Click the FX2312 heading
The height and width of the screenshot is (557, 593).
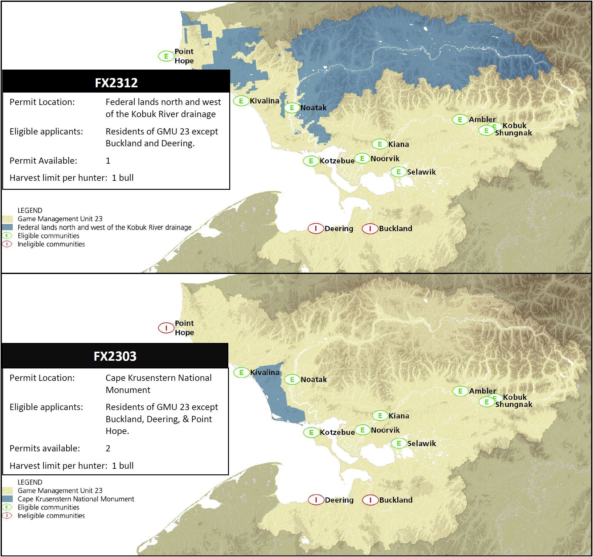point(116,83)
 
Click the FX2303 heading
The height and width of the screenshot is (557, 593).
point(115,356)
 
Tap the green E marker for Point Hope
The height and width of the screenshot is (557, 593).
point(166,56)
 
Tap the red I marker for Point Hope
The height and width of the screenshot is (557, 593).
point(166,328)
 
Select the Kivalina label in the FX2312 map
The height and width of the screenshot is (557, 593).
point(264,101)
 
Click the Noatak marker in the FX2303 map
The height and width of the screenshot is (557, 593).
point(292,379)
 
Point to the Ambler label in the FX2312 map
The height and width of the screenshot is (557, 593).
point(482,119)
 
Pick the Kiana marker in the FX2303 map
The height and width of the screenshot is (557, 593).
point(380,416)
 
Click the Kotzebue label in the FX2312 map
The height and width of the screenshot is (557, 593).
point(337,161)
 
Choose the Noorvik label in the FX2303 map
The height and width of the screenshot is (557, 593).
point(385,430)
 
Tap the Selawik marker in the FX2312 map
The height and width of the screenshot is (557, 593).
point(399,172)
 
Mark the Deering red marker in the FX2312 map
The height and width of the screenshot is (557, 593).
point(316,229)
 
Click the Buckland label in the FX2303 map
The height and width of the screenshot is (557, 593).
point(396,500)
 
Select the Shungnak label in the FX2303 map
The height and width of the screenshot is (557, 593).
point(514,404)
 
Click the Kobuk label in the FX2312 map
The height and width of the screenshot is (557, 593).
point(514,126)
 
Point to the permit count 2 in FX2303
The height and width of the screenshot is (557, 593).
point(108,448)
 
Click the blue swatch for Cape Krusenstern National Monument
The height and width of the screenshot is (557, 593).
point(7,499)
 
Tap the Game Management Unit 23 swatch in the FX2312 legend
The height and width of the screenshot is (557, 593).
point(7,219)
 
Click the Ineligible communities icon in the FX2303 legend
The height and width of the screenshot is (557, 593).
point(7,516)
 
